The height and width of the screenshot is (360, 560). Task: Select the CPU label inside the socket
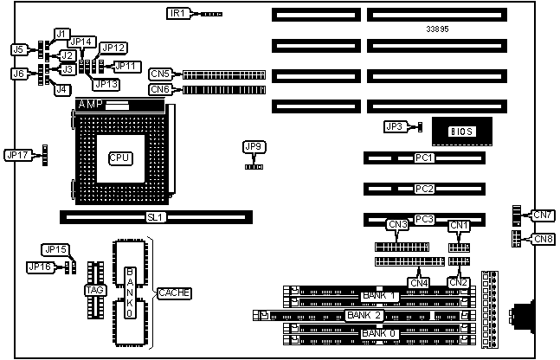(119, 157)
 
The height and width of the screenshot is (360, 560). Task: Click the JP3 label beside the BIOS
(395, 126)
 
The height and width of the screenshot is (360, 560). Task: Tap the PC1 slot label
(424, 158)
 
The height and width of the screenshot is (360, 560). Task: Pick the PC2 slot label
(424, 189)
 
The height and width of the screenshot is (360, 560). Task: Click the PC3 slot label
(424, 219)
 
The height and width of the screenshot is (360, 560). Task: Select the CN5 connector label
(160, 74)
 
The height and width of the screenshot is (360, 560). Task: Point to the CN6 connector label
(160, 89)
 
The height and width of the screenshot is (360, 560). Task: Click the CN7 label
(543, 215)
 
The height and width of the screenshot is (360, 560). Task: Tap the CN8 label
(543, 239)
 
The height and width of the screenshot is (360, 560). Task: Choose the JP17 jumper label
(17, 155)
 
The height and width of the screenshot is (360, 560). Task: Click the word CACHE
(173, 293)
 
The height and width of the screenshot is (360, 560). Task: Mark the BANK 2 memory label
(363, 316)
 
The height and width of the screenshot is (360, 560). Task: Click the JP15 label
(55, 249)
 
